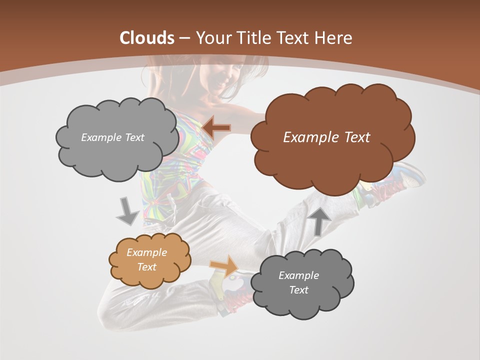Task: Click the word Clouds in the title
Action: [x=147, y=38]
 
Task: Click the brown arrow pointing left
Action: [x=216, y=128]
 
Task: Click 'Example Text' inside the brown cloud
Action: [x=326, y=137]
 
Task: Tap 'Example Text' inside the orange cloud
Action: [x=146, y=259]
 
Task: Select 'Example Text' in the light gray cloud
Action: [x=112, y=137]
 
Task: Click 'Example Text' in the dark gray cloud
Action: [x=298, y=282]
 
